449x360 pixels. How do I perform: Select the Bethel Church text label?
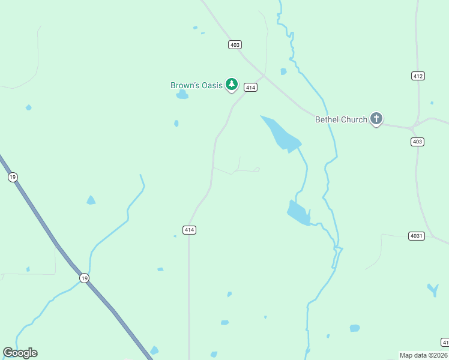pyautogui.click(x=341, y=119)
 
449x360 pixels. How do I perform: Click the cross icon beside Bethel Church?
pyautogui.click(x=376, y=119)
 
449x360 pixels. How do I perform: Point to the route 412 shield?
pyautogui.click(x=418, y=76)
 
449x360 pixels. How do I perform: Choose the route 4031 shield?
pyautogui.click(x=416, y=236)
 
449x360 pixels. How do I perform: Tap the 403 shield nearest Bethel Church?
pyautogui.click(x=418, y=142)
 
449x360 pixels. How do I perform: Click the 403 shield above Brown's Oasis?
pyautogui.click(x=235, y=45)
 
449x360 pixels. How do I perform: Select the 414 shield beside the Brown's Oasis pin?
pyautogui.click(x=251, y=88)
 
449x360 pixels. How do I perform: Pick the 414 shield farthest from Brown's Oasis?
pyautogui.click(x=189, y=230)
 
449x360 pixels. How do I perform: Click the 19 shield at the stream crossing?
pyautogui.click(x=85, y=278)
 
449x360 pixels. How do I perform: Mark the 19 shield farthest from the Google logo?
pyautogui.click(x=13, y=177)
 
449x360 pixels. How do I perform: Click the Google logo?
pyautogui.click(x=20, y=353)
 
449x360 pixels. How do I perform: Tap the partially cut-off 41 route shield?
pyautogui.click(x=445, y=342)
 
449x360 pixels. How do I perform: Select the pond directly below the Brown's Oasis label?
pyautogui.click(x=182, y=95)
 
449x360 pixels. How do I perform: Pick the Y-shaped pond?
pyautogui.click(x=433, y=290)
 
